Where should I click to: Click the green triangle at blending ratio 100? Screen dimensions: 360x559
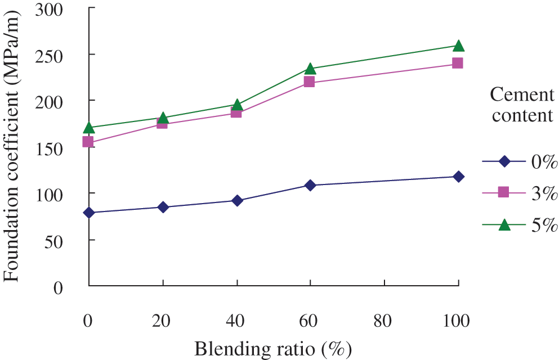(x=458, y=46)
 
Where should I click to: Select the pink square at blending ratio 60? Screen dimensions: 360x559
(x=309, y=82)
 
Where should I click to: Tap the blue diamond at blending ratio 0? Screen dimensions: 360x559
(x=89, y=213)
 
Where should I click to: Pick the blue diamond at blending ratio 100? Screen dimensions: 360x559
(x=458, y=177)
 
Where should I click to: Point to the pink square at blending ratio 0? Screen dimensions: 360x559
(x=88, y=142)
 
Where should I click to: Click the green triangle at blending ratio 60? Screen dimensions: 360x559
(x=310, y=69)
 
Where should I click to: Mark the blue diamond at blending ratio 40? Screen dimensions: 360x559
(x=237, y=200)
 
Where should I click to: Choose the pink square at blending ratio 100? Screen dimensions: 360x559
(x=458, y=64)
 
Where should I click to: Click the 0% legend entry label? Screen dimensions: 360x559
(x=543, y=162)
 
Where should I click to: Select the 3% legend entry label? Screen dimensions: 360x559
(x=543, y=193)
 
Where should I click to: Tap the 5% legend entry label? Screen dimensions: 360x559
(x=543, y=224)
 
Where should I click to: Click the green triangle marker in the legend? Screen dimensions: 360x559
(x=504, y=224)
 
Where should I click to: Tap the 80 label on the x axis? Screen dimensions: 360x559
(x=384, y=321)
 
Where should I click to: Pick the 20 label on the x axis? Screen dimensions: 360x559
(x=162, y=321)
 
